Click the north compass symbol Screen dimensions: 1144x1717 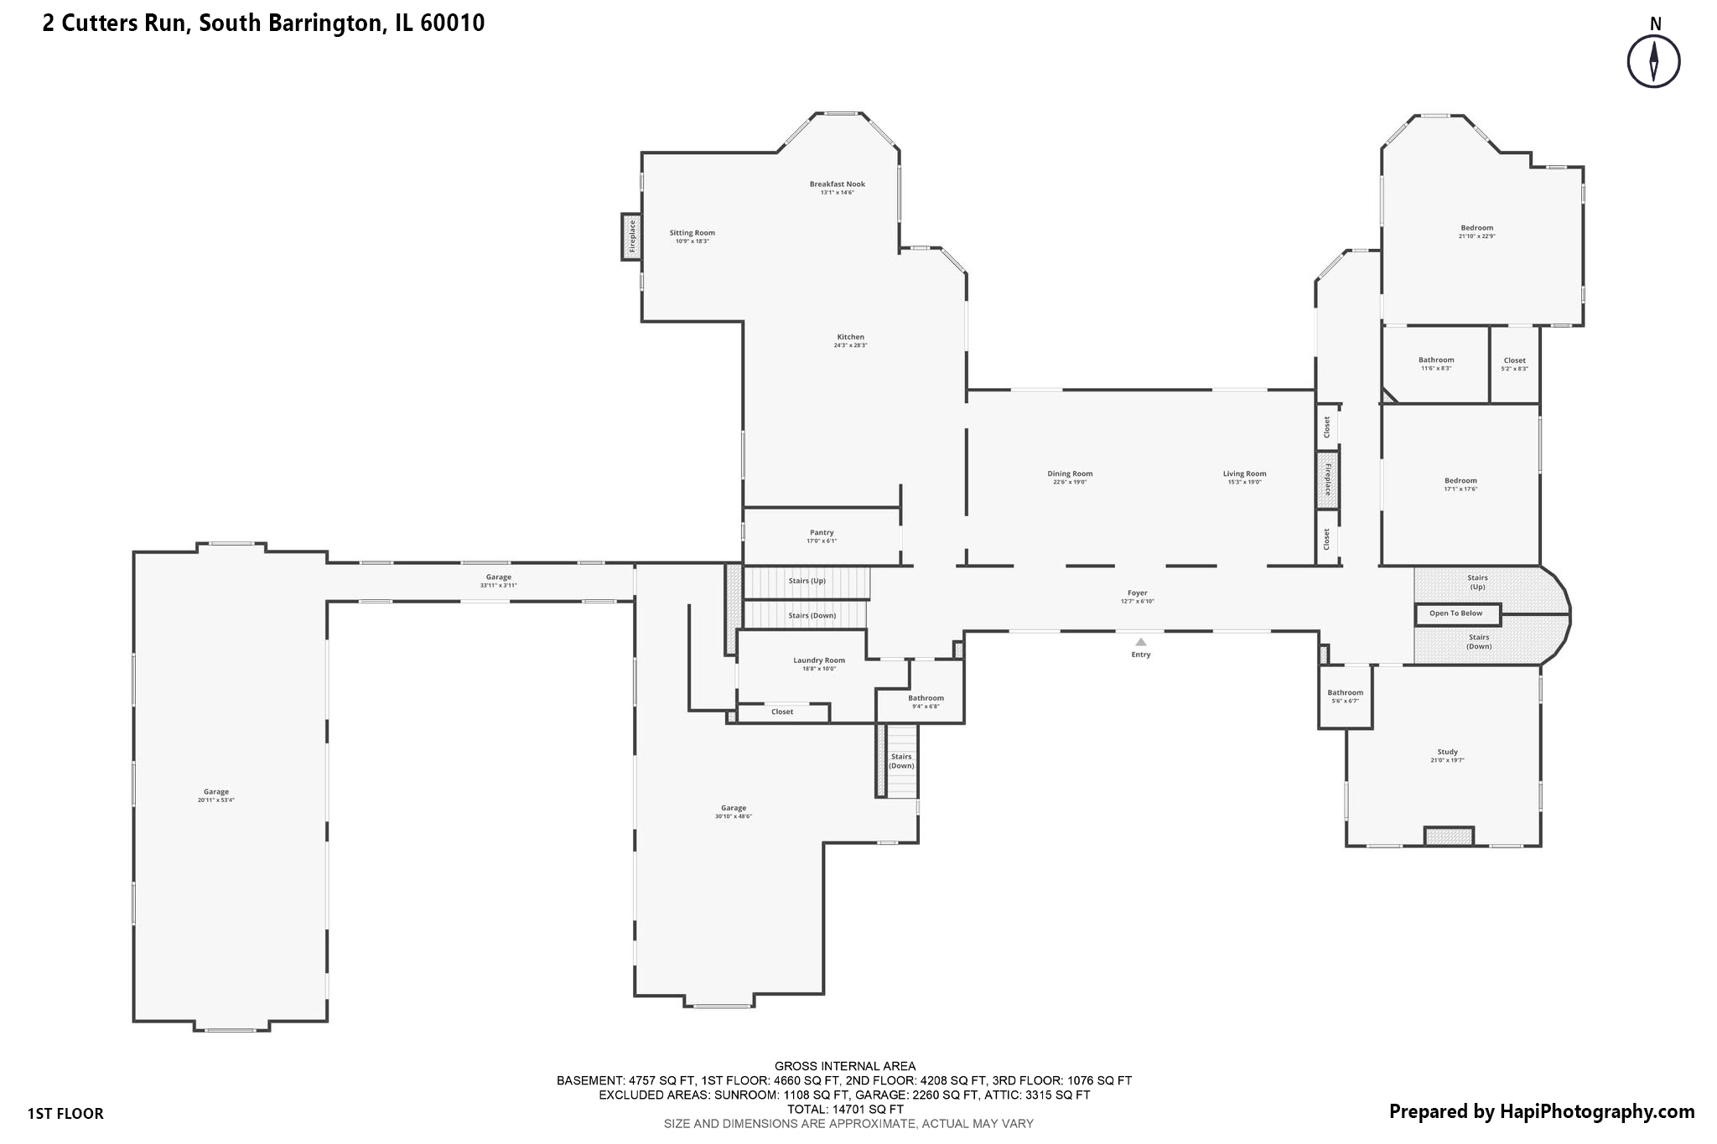[1653, 61]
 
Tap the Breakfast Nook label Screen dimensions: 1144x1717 [837, 184]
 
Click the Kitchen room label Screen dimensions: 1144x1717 [850, 338]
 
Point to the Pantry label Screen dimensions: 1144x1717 [822, 533]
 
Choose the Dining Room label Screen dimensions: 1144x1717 [1070, 474]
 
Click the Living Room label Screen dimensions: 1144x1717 [1244, 474]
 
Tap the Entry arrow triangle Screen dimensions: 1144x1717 [1140, 642]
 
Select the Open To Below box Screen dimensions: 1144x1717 [1457, 613]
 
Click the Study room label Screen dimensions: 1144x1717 [1447, 753]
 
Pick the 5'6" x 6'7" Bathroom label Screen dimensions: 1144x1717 [1345, 693]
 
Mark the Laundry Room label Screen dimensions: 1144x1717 [819, 660]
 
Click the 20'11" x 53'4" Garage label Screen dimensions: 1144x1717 [215, 792]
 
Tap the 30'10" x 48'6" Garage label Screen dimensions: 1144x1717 [734, 809]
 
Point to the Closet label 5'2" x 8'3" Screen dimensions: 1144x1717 [1514, 361]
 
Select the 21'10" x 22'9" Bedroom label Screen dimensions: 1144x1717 [1476, 229]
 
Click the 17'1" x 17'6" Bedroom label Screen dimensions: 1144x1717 [1460, 481]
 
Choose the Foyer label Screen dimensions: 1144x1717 [1137, 593]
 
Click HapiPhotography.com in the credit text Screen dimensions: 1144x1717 [1596, 1111]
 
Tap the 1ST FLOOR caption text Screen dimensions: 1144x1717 [65, 1114]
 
